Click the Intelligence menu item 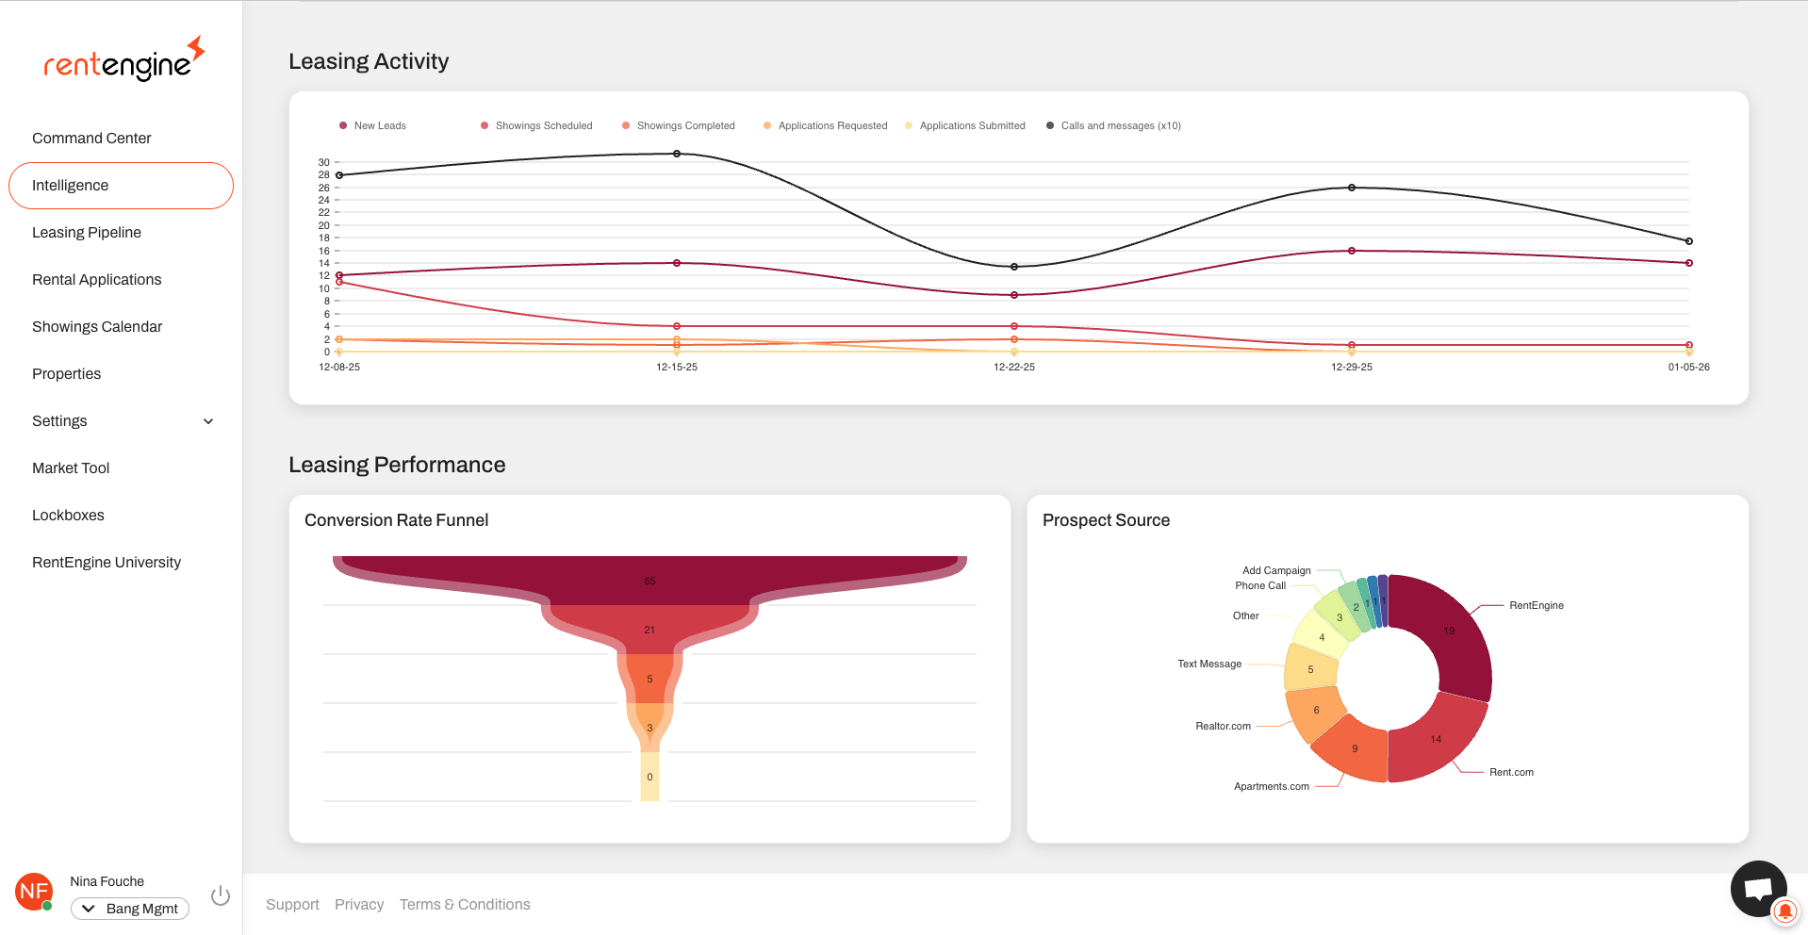(x=71, y=186)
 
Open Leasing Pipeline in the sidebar (x=87, y=233)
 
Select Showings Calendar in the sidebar (x=97, y=327)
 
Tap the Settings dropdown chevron (x=208, y=421)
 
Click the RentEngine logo (x=123, y=60)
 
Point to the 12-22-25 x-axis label (x=1013, y=367)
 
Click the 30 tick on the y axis (x=324, y=162)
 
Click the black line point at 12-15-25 (x=677, y=154)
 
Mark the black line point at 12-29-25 (x=1352, y=188)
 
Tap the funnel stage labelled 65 (x=649, y=581)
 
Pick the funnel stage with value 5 (x=649, y=679)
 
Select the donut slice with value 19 (x=1449, y=631)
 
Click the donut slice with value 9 (x=1355, y=748)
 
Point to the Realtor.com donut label (x=1223, y=726)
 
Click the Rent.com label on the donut (x=1511, y=772)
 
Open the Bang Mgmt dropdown (x=130, y=909)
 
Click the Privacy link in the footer (x=359, y=905)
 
